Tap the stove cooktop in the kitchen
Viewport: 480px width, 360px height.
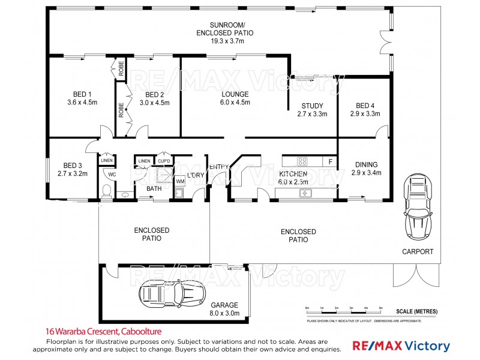tap(303, 161)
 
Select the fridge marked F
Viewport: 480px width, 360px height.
tap(329, 161)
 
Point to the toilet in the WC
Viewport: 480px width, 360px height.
tap(107, 191)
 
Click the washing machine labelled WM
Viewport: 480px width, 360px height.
tap(180, 181)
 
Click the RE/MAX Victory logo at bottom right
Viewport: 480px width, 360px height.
tap(401, 346)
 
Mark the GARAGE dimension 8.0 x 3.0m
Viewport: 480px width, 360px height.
tap(225, 313)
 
